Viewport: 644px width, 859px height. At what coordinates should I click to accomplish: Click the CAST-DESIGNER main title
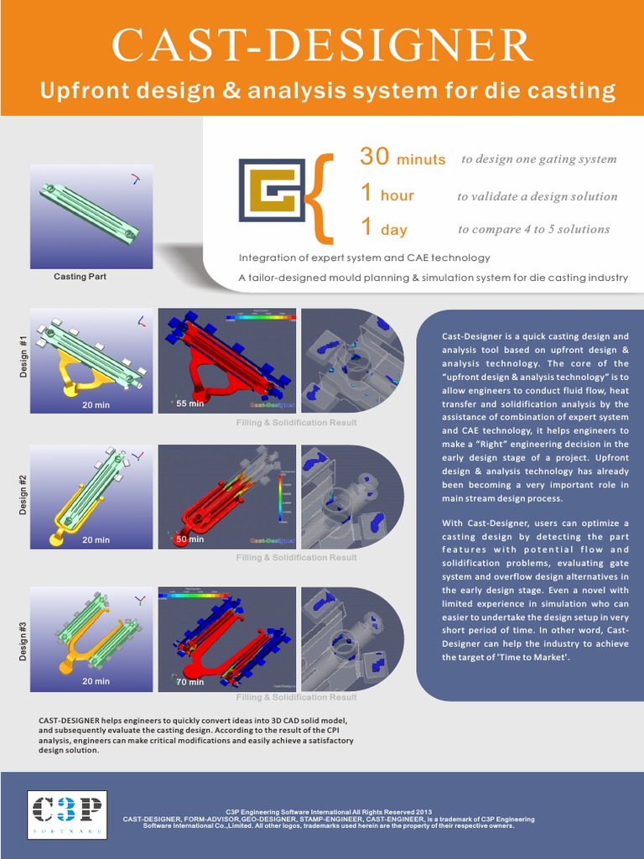(321, 45)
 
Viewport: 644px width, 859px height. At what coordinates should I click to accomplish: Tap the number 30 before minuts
(376, 157)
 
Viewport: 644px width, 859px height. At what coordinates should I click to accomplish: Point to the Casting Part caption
(80, 276)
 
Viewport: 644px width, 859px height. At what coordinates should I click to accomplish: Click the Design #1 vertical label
(23, 357)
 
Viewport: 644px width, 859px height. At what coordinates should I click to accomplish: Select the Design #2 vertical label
(23, 494)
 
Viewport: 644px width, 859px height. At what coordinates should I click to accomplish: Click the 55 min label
(190, 403)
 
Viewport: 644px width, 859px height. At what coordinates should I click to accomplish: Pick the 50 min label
(190, 539)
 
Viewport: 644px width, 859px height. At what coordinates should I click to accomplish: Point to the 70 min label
(190, 682)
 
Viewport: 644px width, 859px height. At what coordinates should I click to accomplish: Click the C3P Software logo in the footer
(66, 815)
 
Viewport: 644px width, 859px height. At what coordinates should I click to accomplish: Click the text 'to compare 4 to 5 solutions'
(533, 229)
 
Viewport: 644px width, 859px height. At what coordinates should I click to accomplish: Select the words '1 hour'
(387, 195)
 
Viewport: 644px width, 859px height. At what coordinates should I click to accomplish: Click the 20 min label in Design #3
(96, 681)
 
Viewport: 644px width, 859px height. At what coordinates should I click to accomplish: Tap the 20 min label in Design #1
(96, 405)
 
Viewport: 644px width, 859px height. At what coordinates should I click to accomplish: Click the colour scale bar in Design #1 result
(260, 317)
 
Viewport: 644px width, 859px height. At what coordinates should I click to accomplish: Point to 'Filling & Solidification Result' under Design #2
(296, 558)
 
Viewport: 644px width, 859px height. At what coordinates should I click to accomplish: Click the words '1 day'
(383, 228)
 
